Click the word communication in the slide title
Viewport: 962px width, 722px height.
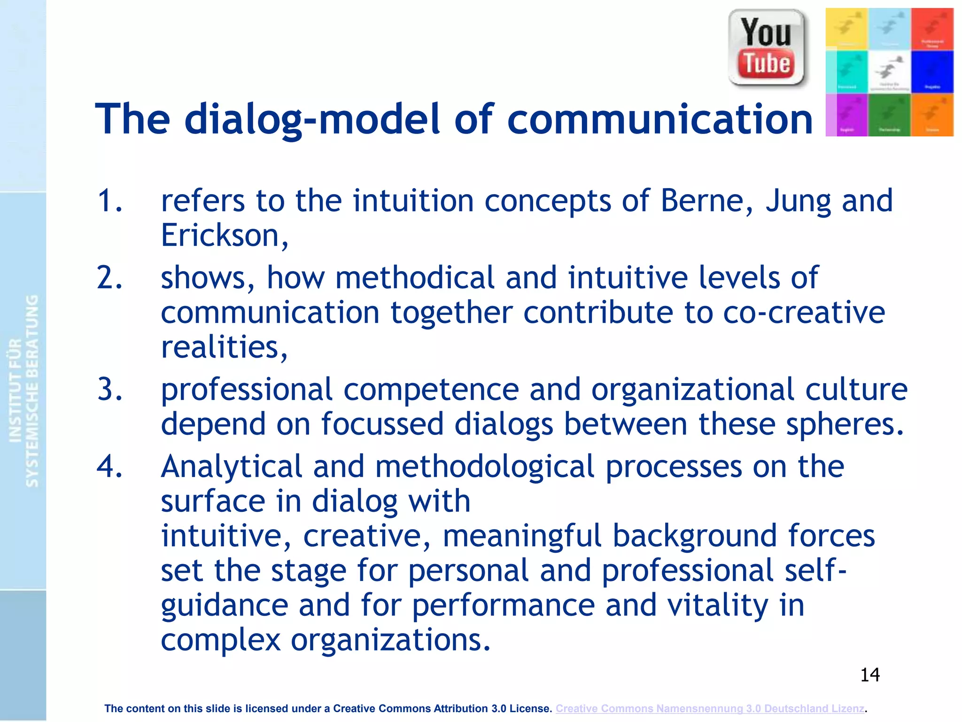pos(660,119)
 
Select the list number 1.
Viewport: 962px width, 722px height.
pos(109,201)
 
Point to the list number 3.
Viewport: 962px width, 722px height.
pos(109,390)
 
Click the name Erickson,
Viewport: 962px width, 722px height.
pos(225,235)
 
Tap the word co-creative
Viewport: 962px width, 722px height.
pos(804,313)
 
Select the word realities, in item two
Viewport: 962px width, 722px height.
pos(224,347)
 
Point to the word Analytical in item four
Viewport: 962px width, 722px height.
pos(231,467)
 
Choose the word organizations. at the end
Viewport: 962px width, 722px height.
pos(390,640)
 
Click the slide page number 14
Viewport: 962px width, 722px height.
pos(869,675)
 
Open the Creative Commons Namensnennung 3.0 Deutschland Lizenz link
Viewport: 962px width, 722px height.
pos(709,708)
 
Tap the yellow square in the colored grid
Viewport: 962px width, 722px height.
pos(846,28)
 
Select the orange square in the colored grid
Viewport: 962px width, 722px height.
pos(932,115)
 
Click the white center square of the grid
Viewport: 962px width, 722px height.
pos(889,72)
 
